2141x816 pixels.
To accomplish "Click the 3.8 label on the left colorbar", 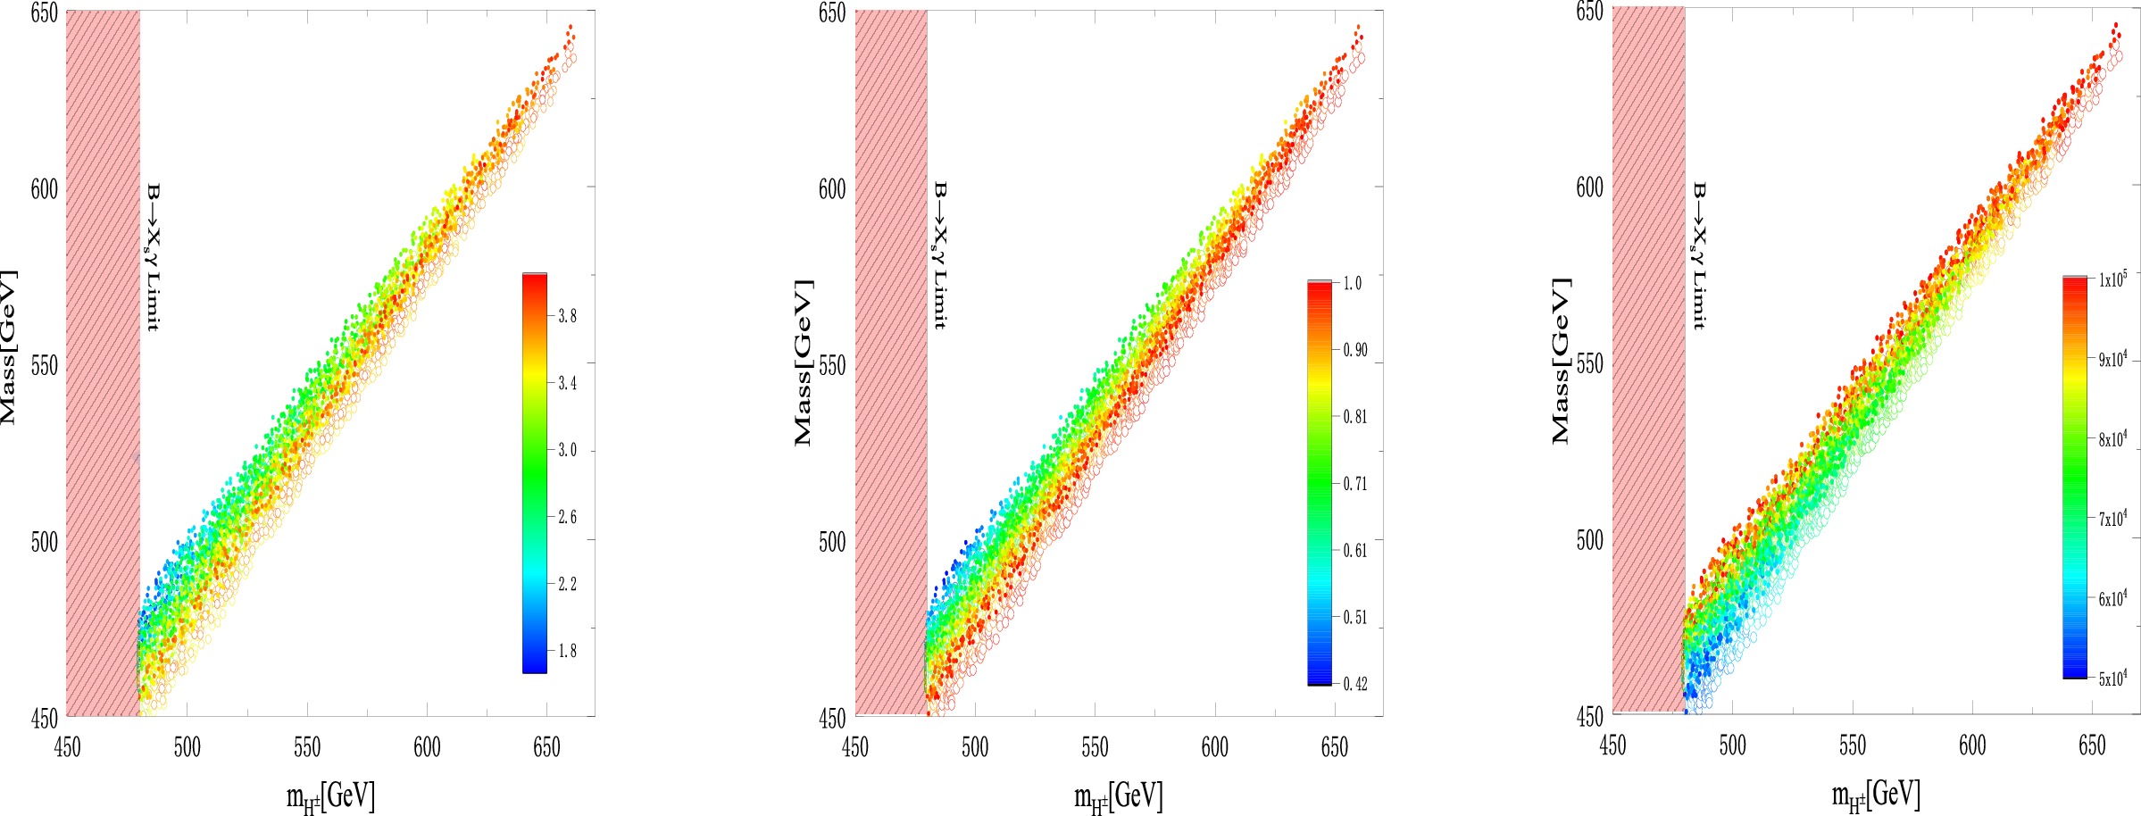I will [x=567, y=316].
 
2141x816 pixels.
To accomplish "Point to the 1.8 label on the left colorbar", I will [x=567, y=651].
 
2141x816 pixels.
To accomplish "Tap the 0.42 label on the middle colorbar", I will [x=1354, y=684].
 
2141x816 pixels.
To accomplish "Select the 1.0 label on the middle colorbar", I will [x=1353, y=283].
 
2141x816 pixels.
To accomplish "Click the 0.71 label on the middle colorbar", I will [x=1354, y=484].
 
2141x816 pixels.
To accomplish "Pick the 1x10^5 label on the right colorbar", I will [x=2112, y=279].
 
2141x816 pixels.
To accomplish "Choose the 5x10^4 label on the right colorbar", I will [x=2112, y=678].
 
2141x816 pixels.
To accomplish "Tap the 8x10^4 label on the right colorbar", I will [x=2112, y=438].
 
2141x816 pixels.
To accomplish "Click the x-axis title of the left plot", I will [x=330, y=795].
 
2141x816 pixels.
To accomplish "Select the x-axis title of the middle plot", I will [x=1118, y=795].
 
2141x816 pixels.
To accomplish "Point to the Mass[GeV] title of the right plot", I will [x=1561, y=361].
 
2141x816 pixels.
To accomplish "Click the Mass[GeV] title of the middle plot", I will [x=804, y=362].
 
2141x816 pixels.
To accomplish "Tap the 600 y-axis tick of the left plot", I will [x=44, y=189].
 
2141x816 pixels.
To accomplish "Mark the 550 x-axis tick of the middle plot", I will [x=1095, y=747].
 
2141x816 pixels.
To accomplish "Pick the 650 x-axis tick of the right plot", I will [x=2092, y=745].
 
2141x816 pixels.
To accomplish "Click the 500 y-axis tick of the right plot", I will [x=1589, y=540].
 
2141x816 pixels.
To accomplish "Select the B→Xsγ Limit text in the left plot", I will [x=153, y=257].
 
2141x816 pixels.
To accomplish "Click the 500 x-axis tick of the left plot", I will [x=187, y=747].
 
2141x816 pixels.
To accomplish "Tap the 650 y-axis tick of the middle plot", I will [x=831, y=13].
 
